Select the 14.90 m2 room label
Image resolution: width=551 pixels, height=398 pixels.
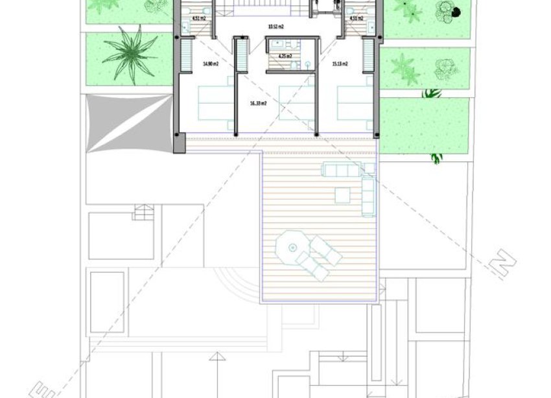coord(209,64)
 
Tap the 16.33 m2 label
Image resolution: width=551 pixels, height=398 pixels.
coord(259,102)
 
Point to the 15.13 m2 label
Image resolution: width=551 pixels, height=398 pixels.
coord(340,64)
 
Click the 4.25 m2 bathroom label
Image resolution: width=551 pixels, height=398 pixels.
coord(285,56)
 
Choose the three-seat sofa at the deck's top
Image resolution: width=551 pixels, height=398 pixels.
coord(340,170)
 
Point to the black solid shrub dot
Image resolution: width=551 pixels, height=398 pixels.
coord(456,12)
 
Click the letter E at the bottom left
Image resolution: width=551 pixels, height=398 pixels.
coord(41,390)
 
